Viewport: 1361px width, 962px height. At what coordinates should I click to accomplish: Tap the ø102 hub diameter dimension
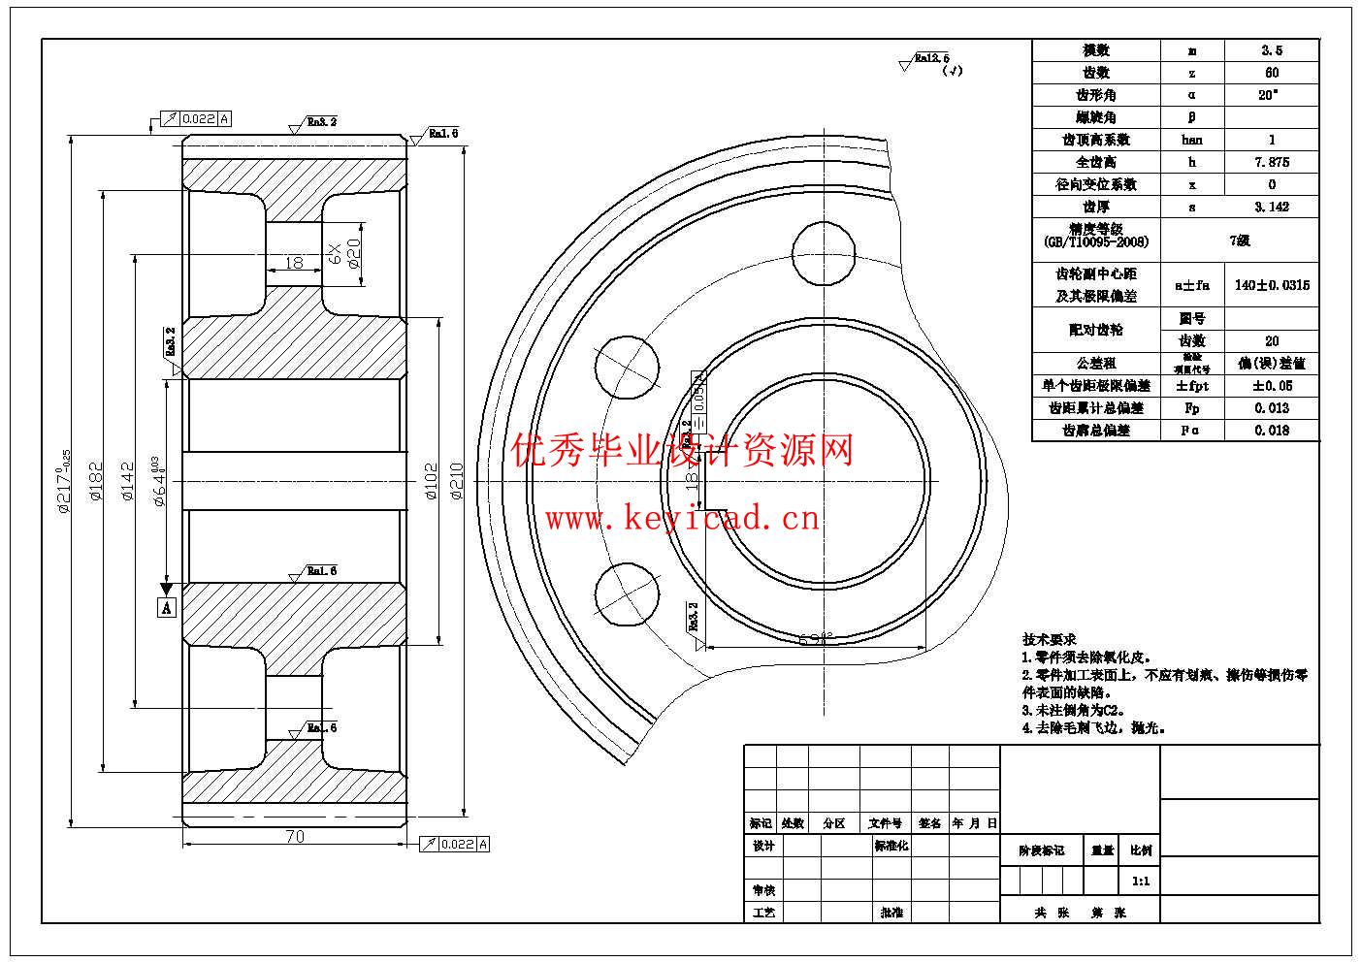click(x=432, y=481)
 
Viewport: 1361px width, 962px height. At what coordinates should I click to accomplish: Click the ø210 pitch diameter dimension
click(x=457, y=481)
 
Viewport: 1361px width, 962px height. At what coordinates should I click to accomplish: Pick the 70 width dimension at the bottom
click(x=295, y=836)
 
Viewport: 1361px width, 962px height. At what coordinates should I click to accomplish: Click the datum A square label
click(x=167, y=608)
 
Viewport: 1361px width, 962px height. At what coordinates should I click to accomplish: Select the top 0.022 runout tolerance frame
click(x=195, y=118)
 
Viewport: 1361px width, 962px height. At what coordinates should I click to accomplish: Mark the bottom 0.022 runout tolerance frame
click(x=454, y=844)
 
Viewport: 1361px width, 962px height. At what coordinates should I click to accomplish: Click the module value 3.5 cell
click(x=1272, y=50)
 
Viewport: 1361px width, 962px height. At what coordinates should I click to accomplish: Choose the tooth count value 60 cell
click(x=1272, y=73)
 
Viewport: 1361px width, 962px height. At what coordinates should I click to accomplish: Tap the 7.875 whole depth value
click(x=1272, y=162)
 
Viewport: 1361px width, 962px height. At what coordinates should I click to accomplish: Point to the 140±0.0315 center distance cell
click(x=1272, y=285)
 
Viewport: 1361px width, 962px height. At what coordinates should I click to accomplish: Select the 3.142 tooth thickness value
click(x=1272, y=207)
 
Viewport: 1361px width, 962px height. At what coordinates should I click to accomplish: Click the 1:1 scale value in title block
click(x=1141, y=882)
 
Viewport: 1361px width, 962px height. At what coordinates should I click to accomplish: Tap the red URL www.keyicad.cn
click(x=682, y=519)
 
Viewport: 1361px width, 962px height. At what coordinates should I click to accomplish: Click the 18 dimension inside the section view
click(x=294, y=262)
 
